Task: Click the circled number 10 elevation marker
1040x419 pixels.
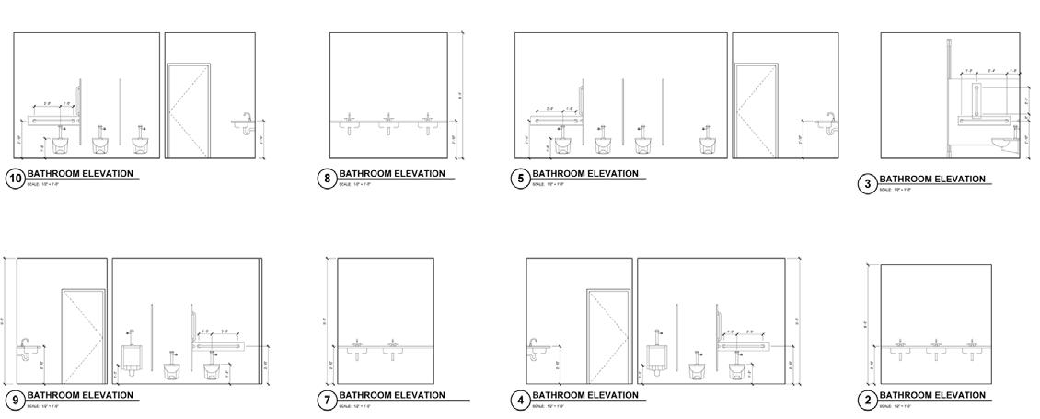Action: [15, 179]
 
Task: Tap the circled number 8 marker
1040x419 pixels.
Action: [328, 179]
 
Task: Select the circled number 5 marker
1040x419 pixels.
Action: [521, 179]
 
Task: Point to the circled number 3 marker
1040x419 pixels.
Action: [867, 184]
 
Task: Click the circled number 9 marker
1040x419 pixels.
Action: [15, 401]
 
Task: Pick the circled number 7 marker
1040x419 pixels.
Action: [327, 401]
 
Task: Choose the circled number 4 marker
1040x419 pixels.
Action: [521, 401]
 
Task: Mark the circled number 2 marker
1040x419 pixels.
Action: [867, 401]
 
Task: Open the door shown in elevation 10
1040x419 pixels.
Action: [188, 111]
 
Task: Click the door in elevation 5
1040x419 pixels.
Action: [757, 111]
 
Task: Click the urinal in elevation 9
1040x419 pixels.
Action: [132, 356]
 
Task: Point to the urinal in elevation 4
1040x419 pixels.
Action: [658, 356]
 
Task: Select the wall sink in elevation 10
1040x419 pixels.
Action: [246, 122]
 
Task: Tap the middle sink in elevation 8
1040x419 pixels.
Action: [388, 121]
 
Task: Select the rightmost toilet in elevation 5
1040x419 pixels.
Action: [710, 143]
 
